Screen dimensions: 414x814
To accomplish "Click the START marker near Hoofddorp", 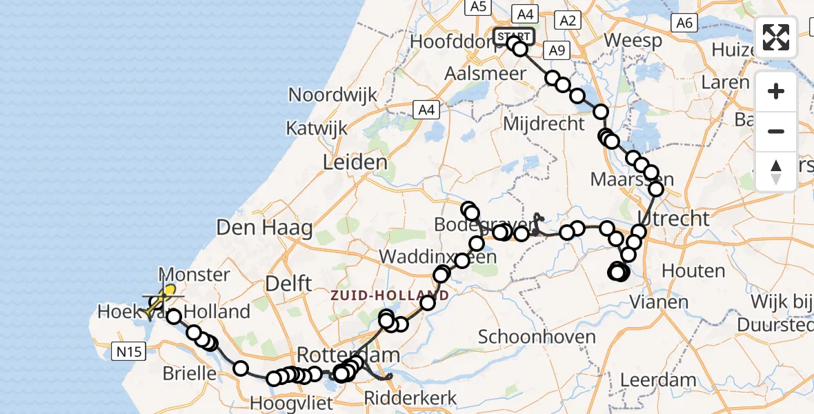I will click(x=514, y=36).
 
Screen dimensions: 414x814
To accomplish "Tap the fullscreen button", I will click(x=776, y=37).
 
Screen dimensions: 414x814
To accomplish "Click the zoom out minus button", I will click(x=776, y=131).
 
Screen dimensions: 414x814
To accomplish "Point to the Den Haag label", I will click(x=264, y=227).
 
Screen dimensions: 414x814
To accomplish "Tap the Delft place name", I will click(x=292, y=283).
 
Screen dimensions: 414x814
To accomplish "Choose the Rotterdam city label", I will click(x=348, y=355).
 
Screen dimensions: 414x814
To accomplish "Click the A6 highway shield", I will click(x=684, y=23).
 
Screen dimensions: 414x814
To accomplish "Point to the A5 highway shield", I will click(x=477, y=7).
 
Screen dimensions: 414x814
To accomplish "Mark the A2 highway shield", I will click(x=568, y=21).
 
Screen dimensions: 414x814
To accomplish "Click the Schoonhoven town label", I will click(x=537, y=337).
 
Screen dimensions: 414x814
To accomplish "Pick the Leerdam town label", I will click(x=658, y=379).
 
